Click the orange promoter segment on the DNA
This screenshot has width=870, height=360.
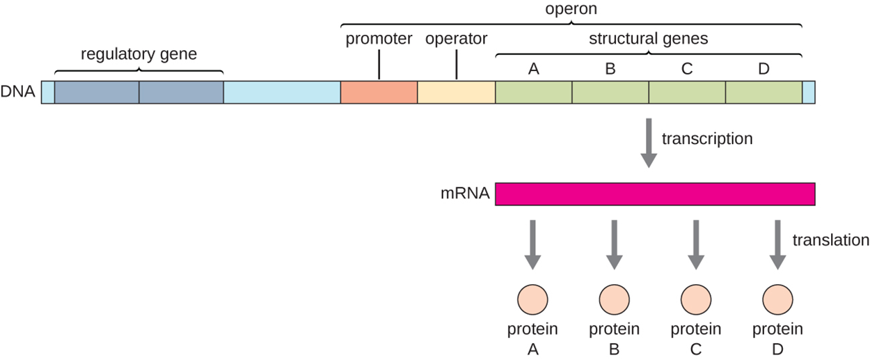click(379, 92)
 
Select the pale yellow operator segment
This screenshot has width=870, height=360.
click(456, 92)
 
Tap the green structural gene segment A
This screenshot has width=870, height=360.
click(533, 92)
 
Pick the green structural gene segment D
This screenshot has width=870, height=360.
click(764, 92)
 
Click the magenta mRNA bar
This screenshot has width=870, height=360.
click(654, 194)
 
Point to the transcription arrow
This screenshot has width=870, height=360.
click(648, 143)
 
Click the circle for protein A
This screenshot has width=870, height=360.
click(533, 300)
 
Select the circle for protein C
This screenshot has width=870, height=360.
click(695, 300)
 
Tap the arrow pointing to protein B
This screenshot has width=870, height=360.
click(614, 244)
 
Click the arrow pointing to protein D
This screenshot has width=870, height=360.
click(777, 244)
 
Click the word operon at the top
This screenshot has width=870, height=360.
click(571, 10)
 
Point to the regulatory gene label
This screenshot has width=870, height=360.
click(139, 54)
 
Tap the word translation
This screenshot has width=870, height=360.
click(830, 240)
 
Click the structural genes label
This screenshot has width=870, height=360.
click(648, 39)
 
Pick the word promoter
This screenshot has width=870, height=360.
click(379, 39)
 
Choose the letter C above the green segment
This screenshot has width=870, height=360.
click(687, 69)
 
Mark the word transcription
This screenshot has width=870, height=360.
click(707, 139)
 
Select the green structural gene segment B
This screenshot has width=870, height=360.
click(610, 92)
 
